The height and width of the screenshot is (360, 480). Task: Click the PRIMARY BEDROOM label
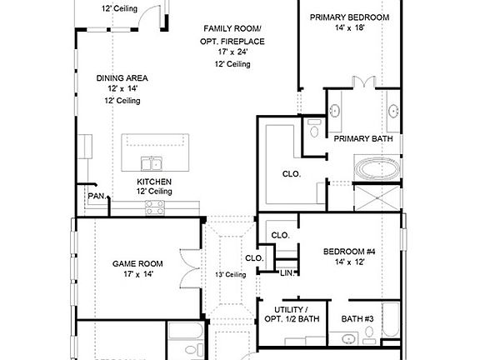pos(350,17)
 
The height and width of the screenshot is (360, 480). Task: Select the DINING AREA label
pos(122,78)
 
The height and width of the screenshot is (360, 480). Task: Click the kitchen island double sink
pos(152,163)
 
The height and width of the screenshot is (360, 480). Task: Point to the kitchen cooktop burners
pos(155,207)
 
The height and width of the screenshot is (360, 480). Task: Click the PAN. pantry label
pos(97,196)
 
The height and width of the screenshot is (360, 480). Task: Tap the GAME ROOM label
pos(137,263)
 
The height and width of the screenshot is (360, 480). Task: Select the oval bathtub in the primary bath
pos(377,168)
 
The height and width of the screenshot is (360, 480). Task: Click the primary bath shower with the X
pos(377,197)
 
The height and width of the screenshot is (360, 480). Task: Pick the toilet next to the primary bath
pos(314,128)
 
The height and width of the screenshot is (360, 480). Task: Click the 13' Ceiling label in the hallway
pos(230,275)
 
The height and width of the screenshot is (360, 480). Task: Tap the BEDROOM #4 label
pos(349,252)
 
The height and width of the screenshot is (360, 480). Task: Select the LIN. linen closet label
pos(287,273)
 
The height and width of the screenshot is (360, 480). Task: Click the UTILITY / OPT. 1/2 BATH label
pos(292,314)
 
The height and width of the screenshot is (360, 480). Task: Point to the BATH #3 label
pos(357,319)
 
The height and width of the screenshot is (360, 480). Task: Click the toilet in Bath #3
pos(369,334)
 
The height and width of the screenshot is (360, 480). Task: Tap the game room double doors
pos(189,269)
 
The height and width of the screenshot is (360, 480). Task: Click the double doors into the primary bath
pos(363,82)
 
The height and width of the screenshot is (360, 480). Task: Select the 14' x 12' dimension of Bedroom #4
pos(349,262)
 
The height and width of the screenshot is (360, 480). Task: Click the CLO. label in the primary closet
pos(292,174)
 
